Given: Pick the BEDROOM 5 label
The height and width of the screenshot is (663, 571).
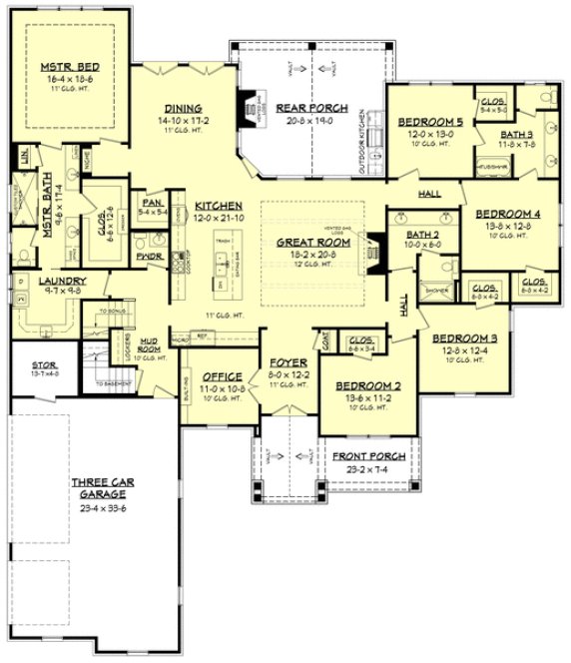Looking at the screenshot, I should coord(426,123).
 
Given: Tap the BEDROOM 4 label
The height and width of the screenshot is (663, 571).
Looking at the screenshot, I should coord(507,214).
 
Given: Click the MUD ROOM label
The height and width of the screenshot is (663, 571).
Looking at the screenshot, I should coord(151,343).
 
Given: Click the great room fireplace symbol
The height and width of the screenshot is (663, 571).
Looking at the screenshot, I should coord(375,251).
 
